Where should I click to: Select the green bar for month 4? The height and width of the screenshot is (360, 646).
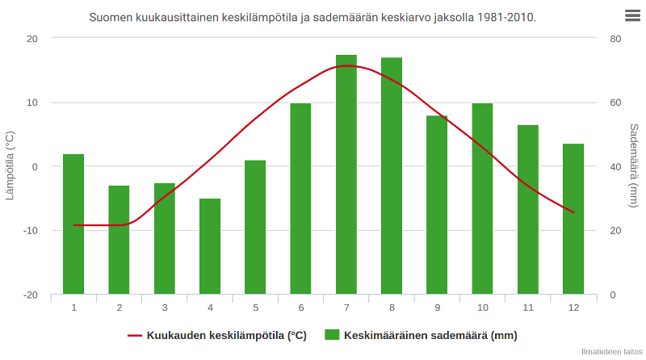(x=210, y=246)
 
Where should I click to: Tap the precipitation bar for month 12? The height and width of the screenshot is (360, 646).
(x=573, y=219)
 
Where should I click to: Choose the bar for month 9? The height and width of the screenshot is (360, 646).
(x=437, y=205)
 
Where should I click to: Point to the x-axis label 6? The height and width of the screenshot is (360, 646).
(x=301, y=308)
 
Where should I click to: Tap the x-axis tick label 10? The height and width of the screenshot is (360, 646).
(x=482, y=308)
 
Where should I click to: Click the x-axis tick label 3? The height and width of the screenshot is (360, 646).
(x=165, y=308)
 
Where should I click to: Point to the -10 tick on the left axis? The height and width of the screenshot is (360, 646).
(x=31, y=231)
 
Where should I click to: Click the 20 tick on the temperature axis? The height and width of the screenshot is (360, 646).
(x=32, y=39)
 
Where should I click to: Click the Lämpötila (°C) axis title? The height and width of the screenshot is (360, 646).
(x=10, y=166)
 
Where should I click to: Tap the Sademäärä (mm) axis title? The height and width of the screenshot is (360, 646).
(x=635, y=166)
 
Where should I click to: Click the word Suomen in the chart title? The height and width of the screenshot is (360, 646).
(x=111, y=17)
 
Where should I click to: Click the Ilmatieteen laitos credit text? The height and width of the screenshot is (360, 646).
(x=611, y=352)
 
